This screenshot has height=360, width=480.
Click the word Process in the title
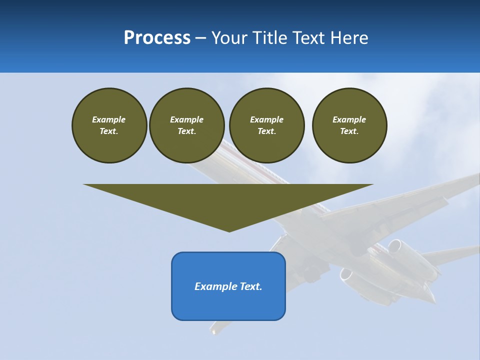tap(157, 38)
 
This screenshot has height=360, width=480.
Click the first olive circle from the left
tap(109, 125)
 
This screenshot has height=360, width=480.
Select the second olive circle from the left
tap(187, 125)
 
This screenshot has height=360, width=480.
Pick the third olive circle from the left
tap(266, 125)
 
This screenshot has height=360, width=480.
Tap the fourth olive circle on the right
tap(349, 125)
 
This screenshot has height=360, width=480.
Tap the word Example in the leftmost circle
tap(109, 119)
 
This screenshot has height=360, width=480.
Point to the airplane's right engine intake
tap(395, 246)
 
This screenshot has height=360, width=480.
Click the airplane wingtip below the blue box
tap(214, 330)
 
